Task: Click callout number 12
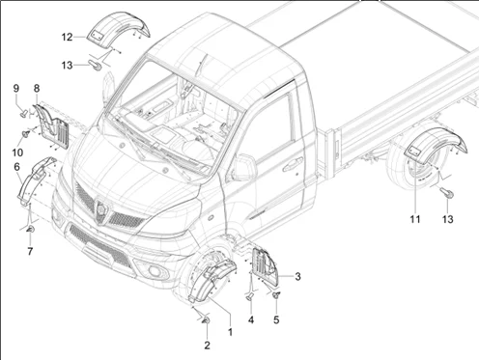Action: point(67,38)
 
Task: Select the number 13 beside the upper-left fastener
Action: point(67,66)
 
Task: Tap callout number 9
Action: point(16,88)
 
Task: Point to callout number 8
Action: point(37,88)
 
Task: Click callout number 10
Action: point(17,152)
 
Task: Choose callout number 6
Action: point(16,167)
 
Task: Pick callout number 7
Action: point(30,251)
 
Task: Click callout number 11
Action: point(415,219)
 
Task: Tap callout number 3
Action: point(297,276)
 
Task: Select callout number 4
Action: point(251,319)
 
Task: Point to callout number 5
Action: point(276,320)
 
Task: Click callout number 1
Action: point(230,332)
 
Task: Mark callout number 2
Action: point(207,346)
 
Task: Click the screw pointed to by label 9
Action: point(24,113)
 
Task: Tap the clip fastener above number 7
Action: point(31,230)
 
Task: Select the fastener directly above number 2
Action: point(206,320)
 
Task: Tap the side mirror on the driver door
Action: point(243,167)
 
